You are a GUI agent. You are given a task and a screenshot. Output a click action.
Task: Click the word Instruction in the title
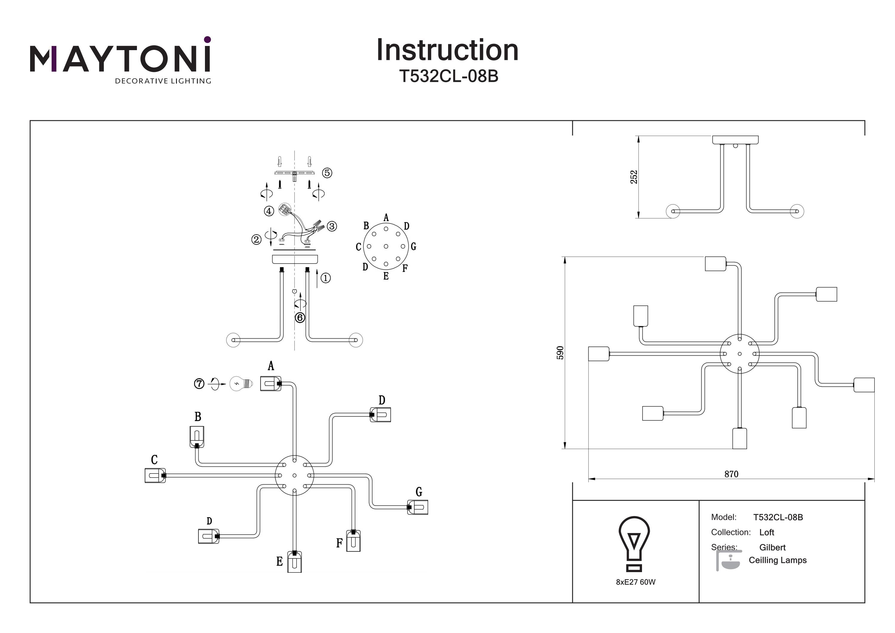pyautogui.click(x=447, y=50)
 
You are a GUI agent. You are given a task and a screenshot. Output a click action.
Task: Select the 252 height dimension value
pyautogui.click(x=634, y=177)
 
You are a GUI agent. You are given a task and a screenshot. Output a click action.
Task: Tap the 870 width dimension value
pyautogui.click(x=731, y=474)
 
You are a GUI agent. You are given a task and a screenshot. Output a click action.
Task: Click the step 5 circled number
pyautogui.click(x=327, y=173)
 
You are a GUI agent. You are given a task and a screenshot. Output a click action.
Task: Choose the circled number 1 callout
pyautogui.click(x=325, y=278)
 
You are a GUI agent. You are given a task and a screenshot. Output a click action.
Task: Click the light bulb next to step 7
pyautogui.click(x=240, y=384)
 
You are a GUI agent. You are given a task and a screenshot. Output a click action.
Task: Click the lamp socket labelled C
pyautogui.click(x=155, y=475)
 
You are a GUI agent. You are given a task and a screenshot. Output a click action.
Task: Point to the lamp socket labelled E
pyautogui.click(x=294, y=561)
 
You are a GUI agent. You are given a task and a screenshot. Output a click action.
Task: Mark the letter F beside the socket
pyautogui.click(x=339, y=543)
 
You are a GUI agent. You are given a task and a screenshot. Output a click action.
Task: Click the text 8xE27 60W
pyautogui.click(x=635, y=582)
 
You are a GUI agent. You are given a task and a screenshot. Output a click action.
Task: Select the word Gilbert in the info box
pyautogui.click(x=772, y=547)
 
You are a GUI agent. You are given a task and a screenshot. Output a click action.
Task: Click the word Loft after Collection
pyautogui.click(x=766, y=532)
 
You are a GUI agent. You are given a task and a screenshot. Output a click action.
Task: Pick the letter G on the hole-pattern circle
pyautogui.click(x=413, y=247)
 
